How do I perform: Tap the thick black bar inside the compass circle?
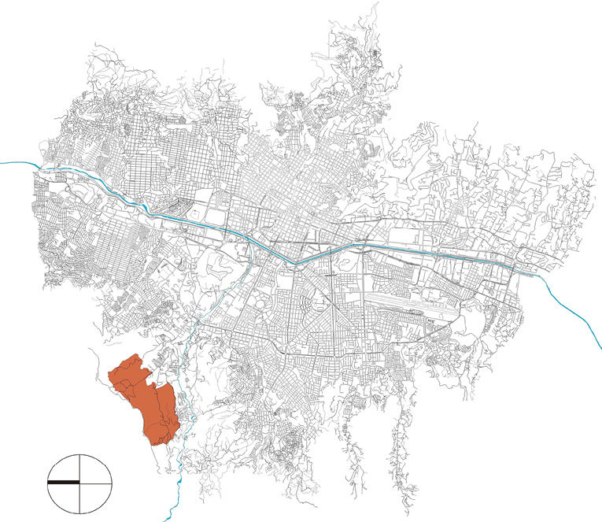63,481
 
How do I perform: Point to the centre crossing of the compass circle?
79,481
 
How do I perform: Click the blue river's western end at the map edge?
2,162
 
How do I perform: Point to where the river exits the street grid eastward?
543,277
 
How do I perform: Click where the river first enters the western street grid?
39,167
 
